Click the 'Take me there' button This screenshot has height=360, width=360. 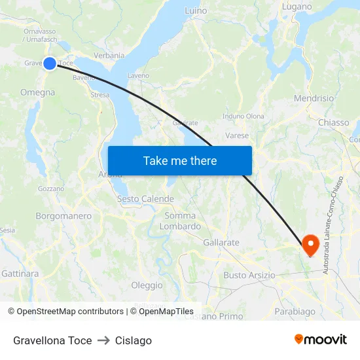pos(179,160)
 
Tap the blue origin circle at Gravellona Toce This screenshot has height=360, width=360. pos(50,63)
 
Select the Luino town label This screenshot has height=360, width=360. pos(196,11)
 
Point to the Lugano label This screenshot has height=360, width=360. pos(297,7)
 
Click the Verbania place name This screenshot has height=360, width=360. pos(109,56)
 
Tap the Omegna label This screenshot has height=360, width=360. pos(38,92)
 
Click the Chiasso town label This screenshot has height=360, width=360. pos(333,122)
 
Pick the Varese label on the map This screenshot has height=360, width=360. pos(237,135)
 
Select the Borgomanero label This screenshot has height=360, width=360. pos(63,215)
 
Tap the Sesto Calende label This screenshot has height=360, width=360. pos(145,199)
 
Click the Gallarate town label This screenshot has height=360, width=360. pos(221,242)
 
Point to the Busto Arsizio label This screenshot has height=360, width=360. pos(249,275)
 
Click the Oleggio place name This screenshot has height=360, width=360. pos(147,285)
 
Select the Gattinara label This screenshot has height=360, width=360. pos(20,273)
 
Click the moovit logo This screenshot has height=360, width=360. pos(320,340)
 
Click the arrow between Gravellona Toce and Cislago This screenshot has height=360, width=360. pos(103,340)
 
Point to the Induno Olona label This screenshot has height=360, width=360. pos(243,117)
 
